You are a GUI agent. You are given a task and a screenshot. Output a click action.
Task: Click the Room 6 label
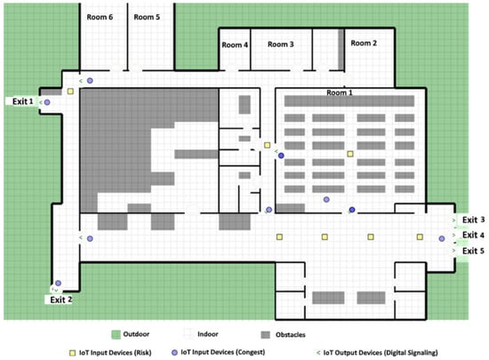tap(100, 17)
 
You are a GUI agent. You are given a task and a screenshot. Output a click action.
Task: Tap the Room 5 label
tap(147, 17)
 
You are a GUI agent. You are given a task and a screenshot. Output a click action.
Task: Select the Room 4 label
tap(235, 44)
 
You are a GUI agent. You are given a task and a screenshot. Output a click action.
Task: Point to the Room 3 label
tap(281, 44)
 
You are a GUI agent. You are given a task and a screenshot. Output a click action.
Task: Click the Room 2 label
tap(364, 43)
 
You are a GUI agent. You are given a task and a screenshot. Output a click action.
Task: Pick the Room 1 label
tap(340, 92)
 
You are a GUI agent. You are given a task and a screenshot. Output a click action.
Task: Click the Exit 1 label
tap(22, 101)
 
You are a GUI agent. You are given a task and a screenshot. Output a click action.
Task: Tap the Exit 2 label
tap(60, 300)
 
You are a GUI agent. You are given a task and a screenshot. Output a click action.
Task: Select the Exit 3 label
tap(473, 220)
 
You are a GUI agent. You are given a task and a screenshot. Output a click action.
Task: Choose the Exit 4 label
tap(473, 235)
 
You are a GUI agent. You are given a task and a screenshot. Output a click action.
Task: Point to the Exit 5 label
tap(473, 251)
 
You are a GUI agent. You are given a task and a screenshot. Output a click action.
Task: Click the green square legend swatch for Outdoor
tap(116, 335)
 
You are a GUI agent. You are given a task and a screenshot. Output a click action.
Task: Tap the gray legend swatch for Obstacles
tap(266, 335)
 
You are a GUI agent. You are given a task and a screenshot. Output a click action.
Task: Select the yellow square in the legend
tap(72, 353)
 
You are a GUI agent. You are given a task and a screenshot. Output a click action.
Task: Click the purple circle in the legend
tap(174, 353)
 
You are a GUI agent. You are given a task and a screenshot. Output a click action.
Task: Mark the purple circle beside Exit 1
tap(47, 102)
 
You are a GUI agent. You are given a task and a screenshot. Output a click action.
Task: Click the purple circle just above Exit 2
tap(58, 283)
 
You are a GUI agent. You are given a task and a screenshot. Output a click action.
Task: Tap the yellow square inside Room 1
tap(350, 154)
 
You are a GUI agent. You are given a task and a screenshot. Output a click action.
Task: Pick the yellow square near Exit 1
tap(70, 92)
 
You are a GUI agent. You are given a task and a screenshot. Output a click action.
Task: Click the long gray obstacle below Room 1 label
tap(349, 101)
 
